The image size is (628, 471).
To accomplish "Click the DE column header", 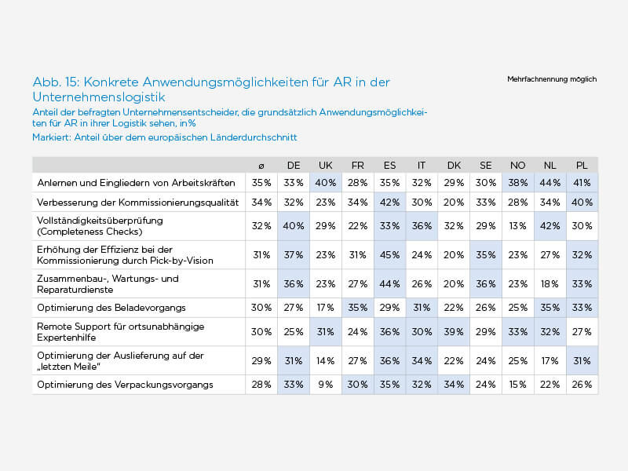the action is point(294,166).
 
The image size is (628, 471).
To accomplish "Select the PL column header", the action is point(582,166).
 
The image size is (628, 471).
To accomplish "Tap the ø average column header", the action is point(261,166).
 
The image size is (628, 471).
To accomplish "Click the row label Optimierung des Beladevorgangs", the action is point(111,308).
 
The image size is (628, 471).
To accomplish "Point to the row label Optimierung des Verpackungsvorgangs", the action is point(125,385).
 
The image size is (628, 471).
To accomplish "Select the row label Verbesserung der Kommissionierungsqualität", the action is point(138,203).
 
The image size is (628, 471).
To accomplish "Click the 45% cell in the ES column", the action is point(389,254).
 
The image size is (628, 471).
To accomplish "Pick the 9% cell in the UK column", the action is point(326,385).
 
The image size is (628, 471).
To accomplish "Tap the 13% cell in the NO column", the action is point(518,226).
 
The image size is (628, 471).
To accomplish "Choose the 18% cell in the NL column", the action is point(550,284).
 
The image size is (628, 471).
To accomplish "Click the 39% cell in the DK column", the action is point(454,332).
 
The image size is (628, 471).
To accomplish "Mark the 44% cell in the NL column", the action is point(550,183).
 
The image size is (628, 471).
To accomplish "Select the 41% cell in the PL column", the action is point(582,183).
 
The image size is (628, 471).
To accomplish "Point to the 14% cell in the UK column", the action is point(326,361).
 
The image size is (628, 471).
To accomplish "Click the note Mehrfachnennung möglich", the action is point(552,79).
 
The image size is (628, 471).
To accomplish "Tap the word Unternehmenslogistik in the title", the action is point(99,97).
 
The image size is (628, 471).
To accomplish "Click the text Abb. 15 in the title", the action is point(57,82).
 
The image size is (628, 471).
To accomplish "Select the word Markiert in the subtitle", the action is point(52,137).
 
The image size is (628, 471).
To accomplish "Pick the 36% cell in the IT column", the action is point(422,226).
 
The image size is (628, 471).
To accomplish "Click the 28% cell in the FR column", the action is point(358,183).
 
